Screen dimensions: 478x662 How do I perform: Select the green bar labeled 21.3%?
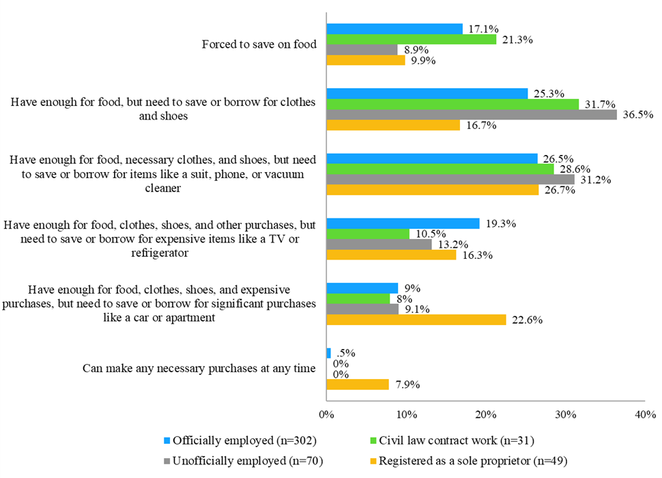pyautogui.click(x=411, y=40)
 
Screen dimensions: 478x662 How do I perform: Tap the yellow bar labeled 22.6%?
pyautogui.click(x=416, y=320)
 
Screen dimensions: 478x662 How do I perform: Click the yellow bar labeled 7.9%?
pyautogui.click(x=358, y=384)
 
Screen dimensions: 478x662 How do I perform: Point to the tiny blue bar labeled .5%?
pyautogui.click(x=329, y=353)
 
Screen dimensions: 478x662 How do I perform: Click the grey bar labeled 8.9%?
pyautogui.click(x=362, y=50)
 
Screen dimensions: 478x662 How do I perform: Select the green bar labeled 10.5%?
pyautogui.click(x=368, y=234)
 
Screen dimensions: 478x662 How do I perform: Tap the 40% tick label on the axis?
pyautogui.click(x=645, y=414)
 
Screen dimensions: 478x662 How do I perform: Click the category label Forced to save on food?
pyautogui.click(x=259, y=44)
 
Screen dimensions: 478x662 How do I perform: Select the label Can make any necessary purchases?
pyautogui.click(x=199, y=369)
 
